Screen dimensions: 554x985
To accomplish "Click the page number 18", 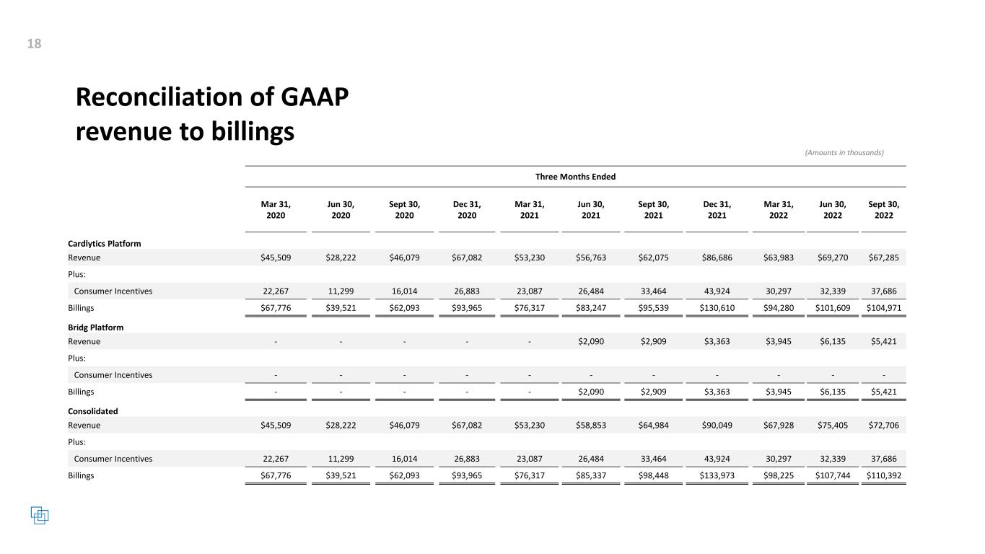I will point(34,44).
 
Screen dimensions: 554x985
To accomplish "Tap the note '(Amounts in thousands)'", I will point(844,152).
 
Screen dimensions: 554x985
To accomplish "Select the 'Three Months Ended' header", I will point(575,177).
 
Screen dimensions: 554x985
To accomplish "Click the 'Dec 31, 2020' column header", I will point(467,210).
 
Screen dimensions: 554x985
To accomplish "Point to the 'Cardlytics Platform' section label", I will point(105,244).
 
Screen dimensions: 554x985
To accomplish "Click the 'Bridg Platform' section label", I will point(95,327).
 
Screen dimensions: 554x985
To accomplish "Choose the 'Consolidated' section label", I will point(92,411).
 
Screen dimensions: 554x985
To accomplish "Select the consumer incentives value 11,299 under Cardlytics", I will point(341,291).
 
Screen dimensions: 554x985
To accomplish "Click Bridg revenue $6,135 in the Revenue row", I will point(833,341).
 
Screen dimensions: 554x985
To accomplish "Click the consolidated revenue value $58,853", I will point(590,426).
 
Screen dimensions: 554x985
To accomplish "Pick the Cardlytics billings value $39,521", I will point(341,308).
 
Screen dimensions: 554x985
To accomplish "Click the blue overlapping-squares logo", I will point(40,515).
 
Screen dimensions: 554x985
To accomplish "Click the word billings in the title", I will point(249,132).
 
